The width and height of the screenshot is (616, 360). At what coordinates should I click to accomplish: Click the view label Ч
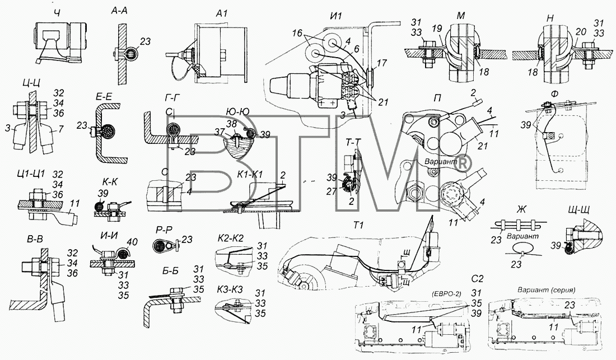58,13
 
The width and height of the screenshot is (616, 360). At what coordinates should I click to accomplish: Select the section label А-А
119,11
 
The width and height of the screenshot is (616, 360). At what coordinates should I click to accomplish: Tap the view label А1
222,13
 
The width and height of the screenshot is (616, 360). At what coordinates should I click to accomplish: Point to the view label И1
336,16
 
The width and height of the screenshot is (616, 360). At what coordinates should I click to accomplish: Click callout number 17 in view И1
381,63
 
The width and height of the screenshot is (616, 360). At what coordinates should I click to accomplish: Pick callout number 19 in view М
437,28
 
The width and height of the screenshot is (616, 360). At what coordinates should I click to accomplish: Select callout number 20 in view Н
581,31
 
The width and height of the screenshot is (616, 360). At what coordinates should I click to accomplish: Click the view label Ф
554,94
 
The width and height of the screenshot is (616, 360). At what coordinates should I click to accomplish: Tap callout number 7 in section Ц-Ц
60,129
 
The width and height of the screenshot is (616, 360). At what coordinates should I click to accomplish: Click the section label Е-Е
104,96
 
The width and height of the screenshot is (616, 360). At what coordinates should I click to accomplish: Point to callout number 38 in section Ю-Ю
231,124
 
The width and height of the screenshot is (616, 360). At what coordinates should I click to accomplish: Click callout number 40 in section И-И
132,242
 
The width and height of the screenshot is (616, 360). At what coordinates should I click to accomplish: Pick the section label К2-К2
231,238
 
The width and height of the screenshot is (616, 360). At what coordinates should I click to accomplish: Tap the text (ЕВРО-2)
446,293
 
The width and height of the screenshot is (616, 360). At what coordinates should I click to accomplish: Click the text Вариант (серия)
546,290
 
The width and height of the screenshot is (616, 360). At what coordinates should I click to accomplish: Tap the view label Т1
358,225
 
